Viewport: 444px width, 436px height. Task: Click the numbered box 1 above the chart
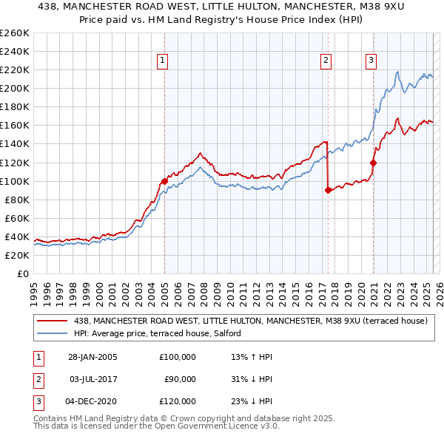click(162, 61)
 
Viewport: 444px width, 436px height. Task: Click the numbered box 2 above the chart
click(326, 61)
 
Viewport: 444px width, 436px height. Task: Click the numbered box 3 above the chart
click(371, 61)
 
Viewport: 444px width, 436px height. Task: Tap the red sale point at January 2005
click(164, 181)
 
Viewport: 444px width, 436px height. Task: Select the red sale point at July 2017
click(327, 190)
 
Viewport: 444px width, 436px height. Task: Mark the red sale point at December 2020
click(373, 163)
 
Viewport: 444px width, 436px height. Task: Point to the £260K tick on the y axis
click(16, 33)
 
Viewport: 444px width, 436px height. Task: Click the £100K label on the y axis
click(16, 181)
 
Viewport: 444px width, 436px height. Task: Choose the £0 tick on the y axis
click(24, 274)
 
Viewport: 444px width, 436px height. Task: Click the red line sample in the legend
click(52, 321)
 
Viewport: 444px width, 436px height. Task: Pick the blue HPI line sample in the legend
click(52, 334)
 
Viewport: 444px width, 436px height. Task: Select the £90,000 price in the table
click(179, 379)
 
